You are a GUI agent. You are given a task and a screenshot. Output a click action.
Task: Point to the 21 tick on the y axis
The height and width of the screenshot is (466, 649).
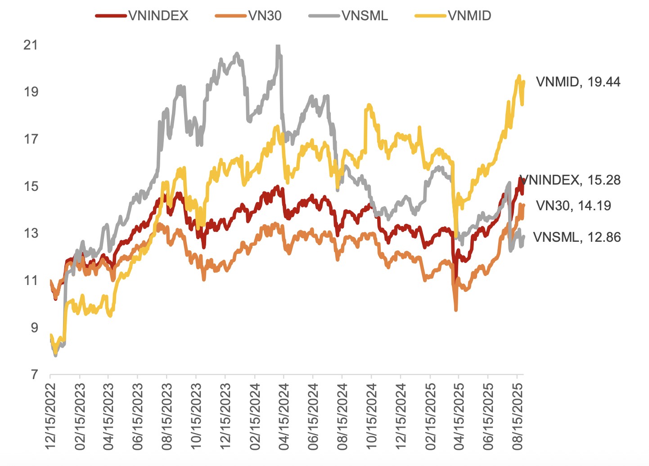(x=31, y=45)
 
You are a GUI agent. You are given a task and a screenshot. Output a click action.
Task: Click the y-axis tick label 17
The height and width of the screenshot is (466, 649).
(x=31, y=139)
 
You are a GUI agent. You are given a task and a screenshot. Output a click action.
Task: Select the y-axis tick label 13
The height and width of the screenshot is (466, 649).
(x=31, y=233)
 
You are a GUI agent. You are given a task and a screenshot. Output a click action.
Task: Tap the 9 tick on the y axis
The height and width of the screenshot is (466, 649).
(x=34, y=328)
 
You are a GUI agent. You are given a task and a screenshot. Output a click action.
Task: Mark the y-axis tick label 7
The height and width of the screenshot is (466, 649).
(x=34, y=375)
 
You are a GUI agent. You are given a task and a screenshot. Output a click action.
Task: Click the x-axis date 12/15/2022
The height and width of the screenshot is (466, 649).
(x=50, y=416)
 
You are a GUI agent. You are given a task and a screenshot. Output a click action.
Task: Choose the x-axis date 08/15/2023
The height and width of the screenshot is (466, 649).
(x=167, y=416)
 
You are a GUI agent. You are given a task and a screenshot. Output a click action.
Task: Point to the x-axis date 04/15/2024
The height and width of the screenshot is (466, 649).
(x=284, y=416)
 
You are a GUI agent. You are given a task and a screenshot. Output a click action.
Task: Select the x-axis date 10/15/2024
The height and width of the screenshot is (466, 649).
(x=371, y=416)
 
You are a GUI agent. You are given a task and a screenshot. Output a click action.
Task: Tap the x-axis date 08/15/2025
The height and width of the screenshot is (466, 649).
(x=518, y=416)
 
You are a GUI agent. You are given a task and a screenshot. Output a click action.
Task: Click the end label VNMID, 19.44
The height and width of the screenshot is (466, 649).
(x=578, y=82)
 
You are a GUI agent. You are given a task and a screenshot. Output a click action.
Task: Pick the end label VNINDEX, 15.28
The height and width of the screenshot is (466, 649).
(x=571, y=180)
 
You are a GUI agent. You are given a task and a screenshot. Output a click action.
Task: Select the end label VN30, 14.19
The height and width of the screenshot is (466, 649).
(x=573, y=206)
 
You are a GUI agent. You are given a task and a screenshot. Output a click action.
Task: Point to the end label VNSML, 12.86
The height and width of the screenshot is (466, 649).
(x=577, y=237)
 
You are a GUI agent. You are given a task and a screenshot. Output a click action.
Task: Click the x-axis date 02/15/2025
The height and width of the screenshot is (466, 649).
(x=430, y=416)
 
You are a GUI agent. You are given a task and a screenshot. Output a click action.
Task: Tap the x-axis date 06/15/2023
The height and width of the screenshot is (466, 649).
(x=138, y=416)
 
